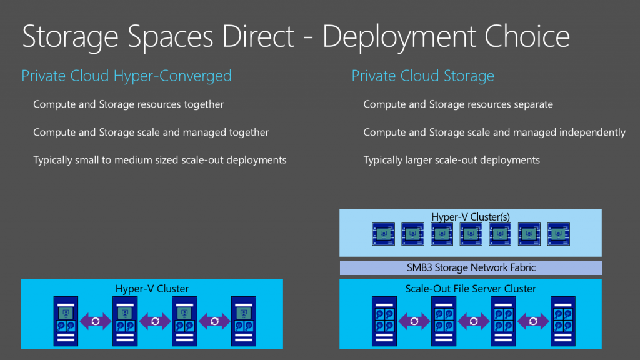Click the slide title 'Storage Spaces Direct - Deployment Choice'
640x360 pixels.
pos(296,37)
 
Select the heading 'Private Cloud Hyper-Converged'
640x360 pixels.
pos(126,76)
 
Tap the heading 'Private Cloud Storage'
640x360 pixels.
pos(422,76)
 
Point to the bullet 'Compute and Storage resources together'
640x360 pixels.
pos(128,104)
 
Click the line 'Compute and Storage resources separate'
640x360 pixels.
pos(458,104)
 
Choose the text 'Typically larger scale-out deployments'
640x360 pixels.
pos(451,160)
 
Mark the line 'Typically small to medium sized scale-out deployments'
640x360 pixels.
pos(159,160)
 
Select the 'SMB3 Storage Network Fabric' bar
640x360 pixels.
pos(471,267)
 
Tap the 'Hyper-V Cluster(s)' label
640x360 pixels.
pos(471,217)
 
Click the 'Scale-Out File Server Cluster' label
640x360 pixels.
pos(471,289)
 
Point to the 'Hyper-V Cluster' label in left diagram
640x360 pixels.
pos(152,289)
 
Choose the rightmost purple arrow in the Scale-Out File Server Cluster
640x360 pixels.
pos(534,321)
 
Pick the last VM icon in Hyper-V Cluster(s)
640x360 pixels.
pos(558,234)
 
